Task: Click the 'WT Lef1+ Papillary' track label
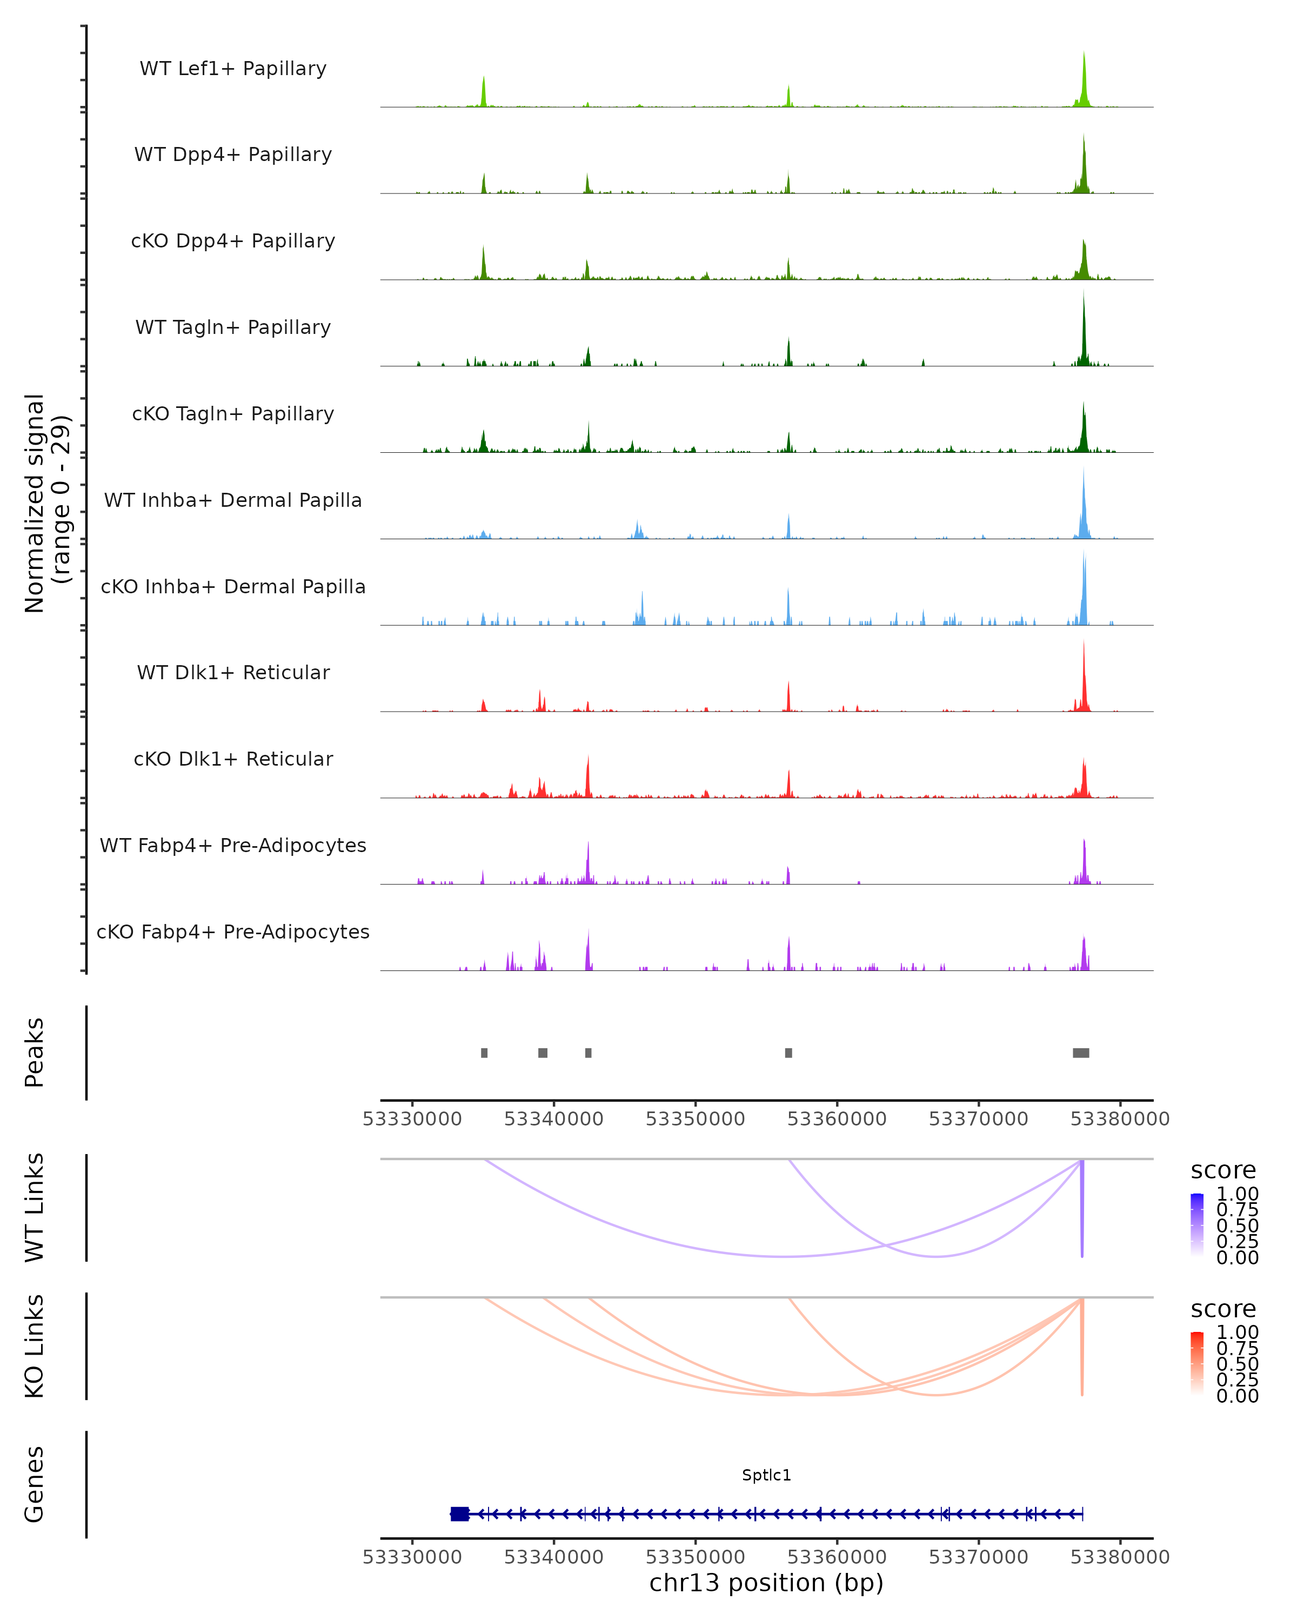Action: [x=233, y=69]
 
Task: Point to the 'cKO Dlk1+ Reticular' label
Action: [x=233, y=759]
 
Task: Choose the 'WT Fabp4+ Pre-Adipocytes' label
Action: [x=233, y=845]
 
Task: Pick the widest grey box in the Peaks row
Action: [x=1080, y=1053]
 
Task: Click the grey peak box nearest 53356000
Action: [x=788, y=1053]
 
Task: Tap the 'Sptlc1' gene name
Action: [x=766, y=1475]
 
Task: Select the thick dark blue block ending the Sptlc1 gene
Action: [x=459, y=1514]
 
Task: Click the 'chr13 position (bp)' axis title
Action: [x=766, y=1583]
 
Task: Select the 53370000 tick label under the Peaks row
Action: [x=978, y=1119]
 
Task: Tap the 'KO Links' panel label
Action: [x=35, y=1346]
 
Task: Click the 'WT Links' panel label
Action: [x=35, y=1208]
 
